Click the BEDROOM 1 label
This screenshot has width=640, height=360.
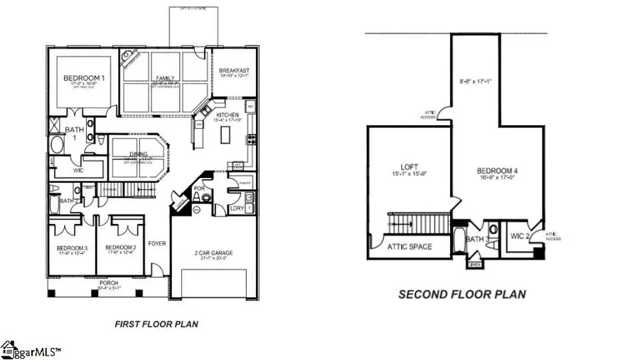80,78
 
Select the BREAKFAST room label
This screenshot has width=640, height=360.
233,70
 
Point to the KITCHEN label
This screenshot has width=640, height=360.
228,115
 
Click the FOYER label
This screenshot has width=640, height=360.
156,244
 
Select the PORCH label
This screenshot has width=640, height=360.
109,283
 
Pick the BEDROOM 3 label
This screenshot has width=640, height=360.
70,248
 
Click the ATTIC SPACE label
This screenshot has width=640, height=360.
407,248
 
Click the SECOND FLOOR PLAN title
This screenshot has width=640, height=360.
462,294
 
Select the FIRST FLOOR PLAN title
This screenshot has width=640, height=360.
156,324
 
